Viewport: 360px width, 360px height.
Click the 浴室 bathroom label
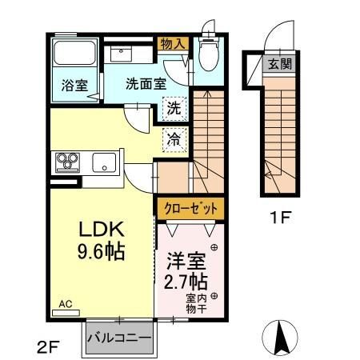pyautogui.click(x=74, y=86)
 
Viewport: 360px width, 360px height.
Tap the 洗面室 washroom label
pyautogui.click(x=146, y=83)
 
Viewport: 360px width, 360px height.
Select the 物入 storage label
pyautogui.click(x=173, y=44)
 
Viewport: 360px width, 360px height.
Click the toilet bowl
pyautogui.click(x=209, y=54)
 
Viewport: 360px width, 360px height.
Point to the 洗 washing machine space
pyautogui.click(x=174, y=109)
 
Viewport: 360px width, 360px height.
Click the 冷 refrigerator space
pyautogui.click(x=174, y=140)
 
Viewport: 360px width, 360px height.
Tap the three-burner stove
pyautogui.click(x=67, y=162)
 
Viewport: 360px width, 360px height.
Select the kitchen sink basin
pyautogui.click(x=104, y=162)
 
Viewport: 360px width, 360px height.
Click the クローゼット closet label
pyautogui.click(x=190, y=208)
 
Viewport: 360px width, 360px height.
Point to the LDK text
pyautogui.click(x=102, y=229)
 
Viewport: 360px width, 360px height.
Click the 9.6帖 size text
pyautogui.click(x=102, y=251)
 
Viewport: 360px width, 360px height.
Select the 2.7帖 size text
pyautogui.click(x=186, y=282)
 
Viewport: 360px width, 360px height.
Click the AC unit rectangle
pyautogui.click(x=66, y=313)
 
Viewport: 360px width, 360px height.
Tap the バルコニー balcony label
pyautogui.click(x=119, y=338)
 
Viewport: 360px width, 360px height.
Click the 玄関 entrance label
pyautogui.click(x=280, y=64)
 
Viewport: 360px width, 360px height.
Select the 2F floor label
pyautogui.click(x=48, y=347)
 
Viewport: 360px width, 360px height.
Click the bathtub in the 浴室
pyautogui.click(x=74, y=53)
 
